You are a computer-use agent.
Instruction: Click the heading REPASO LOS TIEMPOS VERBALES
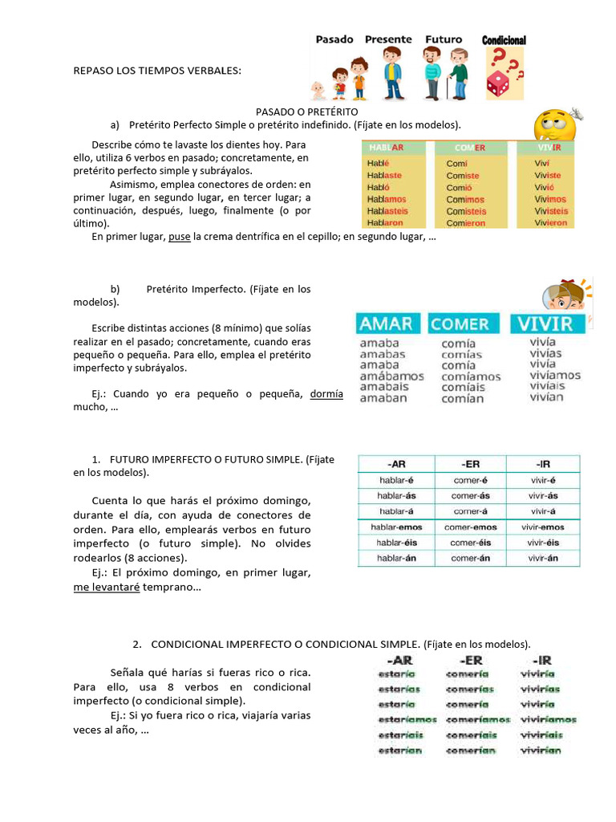click(x=156, y=71)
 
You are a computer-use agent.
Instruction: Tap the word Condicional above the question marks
click(x=504, y=40)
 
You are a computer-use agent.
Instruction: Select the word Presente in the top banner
click(x=388, y=39)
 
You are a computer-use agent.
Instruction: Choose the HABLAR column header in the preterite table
click(x=386, y=148)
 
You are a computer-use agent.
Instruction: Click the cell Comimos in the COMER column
click(x=465, y=199)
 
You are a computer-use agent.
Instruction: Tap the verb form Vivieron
click(x=550, y=223)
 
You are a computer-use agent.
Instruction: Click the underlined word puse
click(x=179, y=237)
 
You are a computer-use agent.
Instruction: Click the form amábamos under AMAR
click(x=392, y=376)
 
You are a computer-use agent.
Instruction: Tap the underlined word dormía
click(x=326, y=394)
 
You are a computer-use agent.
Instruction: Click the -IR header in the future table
click(x=542, y=464)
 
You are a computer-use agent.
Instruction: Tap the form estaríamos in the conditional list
click(x=407, y=720)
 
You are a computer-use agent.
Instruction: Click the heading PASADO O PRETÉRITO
click(x=306, y=112)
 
